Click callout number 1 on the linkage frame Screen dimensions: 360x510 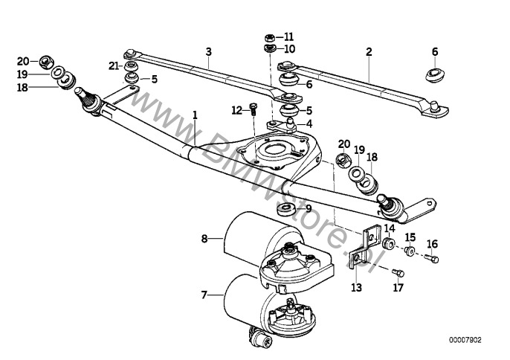(195, 115)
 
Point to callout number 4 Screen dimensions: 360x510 (309, 123)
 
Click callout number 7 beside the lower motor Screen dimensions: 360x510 (203, 295)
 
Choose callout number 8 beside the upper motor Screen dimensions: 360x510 (203, 239)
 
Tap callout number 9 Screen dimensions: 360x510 (309, 209)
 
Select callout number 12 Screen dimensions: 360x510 (236, 110)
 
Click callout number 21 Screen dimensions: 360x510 (114, 65)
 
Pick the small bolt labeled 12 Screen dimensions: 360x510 (252, 109)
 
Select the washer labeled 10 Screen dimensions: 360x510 (269, 49)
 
